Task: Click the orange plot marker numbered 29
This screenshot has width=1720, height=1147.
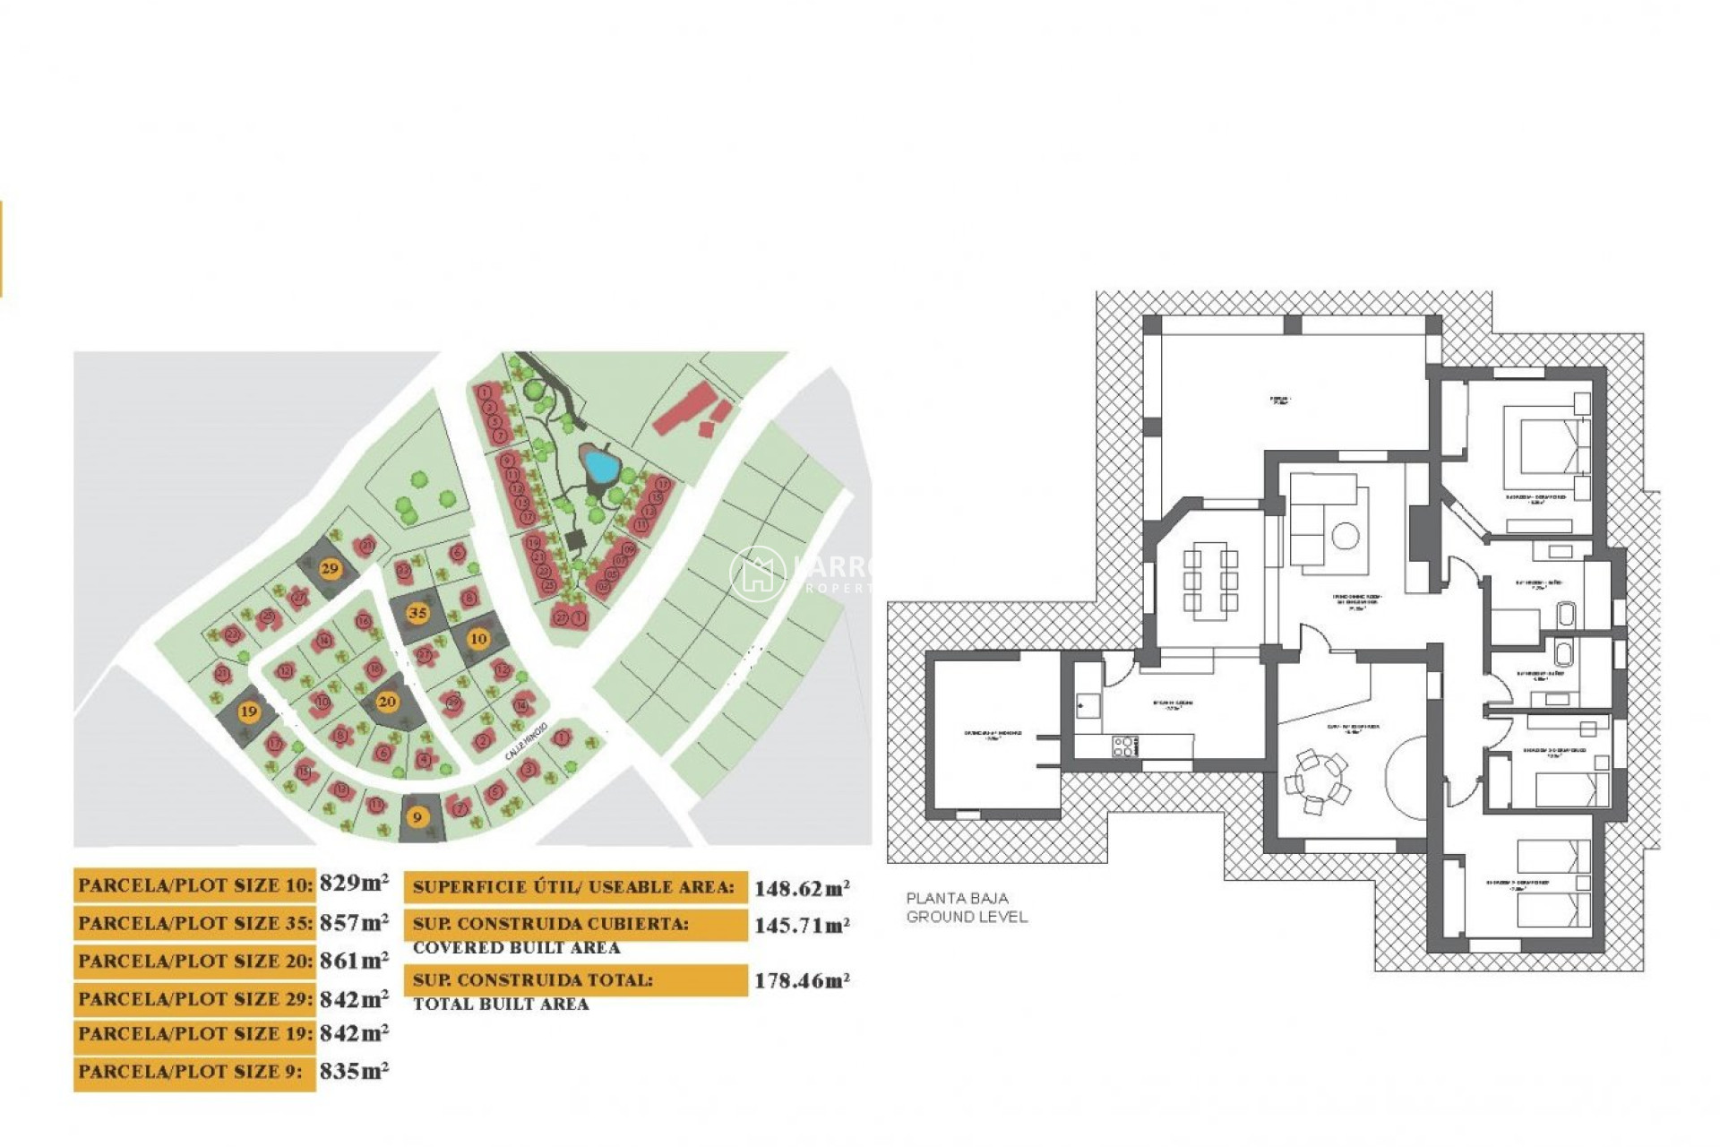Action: [x=330, y=568]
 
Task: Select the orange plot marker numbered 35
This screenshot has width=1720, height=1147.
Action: [x=417, y=613]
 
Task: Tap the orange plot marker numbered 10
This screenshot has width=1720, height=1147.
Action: [x=478, y=639]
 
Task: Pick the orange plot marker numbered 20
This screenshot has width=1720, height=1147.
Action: [x=387, y=701]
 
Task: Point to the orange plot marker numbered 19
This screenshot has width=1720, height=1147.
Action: [x=248, y=711]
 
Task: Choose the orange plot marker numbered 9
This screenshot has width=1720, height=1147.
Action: [x=417, y=817]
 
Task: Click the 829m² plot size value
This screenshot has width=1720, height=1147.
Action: [x=354, y=883]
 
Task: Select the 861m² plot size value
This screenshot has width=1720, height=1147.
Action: [x=354, y=961]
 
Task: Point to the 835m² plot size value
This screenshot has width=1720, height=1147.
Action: [x=354, y=1071]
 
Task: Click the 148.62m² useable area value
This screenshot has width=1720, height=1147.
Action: [x=801, y=888]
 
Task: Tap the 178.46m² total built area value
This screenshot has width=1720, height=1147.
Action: [x=801, y=980]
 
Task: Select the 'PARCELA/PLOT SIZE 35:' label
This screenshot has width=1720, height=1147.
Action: [x=194, y=923]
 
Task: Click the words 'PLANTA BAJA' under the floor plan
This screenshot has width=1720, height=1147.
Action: [x=957, y=898]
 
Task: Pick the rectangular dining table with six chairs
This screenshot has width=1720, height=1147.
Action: [x=1210, y=580]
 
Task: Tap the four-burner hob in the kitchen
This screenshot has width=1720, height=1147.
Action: [x=1124, y=746]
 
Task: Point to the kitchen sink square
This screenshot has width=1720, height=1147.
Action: [x=1088, y=706]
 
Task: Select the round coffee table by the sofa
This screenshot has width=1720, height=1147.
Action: [x=1345, y=537]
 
